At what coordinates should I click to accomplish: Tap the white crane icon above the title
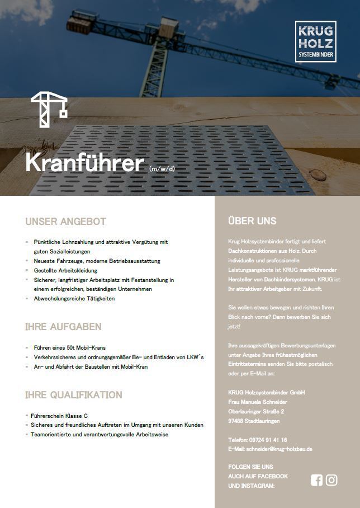pyautogui.click(x=49, y=109)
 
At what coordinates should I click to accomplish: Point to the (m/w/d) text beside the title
pyautogui.click(x=162, y=167)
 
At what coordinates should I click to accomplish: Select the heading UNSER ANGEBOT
pyautogui.click(x=65, y=222)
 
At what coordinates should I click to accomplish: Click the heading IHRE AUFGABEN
pyautogui.click(x=63, y=326)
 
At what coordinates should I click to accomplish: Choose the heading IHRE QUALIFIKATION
pyautogui.click(x=73, y=395)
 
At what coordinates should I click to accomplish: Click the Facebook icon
pyautogui.click(x=316, y=480)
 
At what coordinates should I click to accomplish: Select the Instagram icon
pyautogui.click(x=331, y=480)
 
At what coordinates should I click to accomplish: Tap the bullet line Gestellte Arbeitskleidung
pyautogui.click(x=65, y=270)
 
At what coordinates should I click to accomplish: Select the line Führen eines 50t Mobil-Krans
pyautogui.click(x=70, y=347)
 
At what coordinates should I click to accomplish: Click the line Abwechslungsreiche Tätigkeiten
pyautogui.click(x=74, y=299)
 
